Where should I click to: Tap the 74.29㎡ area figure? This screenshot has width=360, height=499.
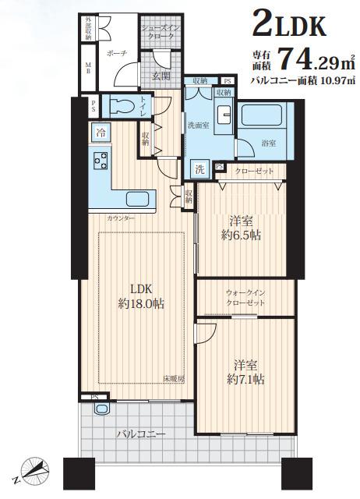(x=309, y=58)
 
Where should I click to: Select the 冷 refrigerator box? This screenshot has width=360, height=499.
(x=101, y=133)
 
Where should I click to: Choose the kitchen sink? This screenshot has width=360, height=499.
(x=142, y=199)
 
